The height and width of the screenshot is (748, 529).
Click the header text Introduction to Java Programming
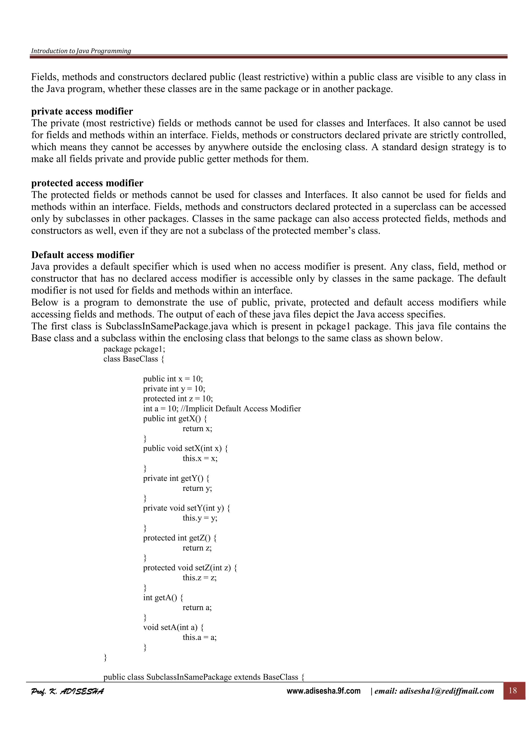81,51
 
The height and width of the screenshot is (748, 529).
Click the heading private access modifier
82,112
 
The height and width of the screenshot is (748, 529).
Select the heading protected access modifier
87,183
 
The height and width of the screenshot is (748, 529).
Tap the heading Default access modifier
82,255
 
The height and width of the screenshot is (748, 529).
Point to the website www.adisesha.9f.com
323,691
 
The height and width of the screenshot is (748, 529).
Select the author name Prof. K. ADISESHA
67,691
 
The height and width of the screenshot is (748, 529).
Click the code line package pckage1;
134,349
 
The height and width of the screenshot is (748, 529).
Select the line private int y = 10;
174,389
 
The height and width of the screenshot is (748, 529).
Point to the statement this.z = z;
199,578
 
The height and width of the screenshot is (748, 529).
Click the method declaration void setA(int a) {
173,627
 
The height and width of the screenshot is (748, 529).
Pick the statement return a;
197,607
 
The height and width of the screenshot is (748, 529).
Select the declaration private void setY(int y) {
186,508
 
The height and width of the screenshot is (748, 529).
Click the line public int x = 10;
173,379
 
